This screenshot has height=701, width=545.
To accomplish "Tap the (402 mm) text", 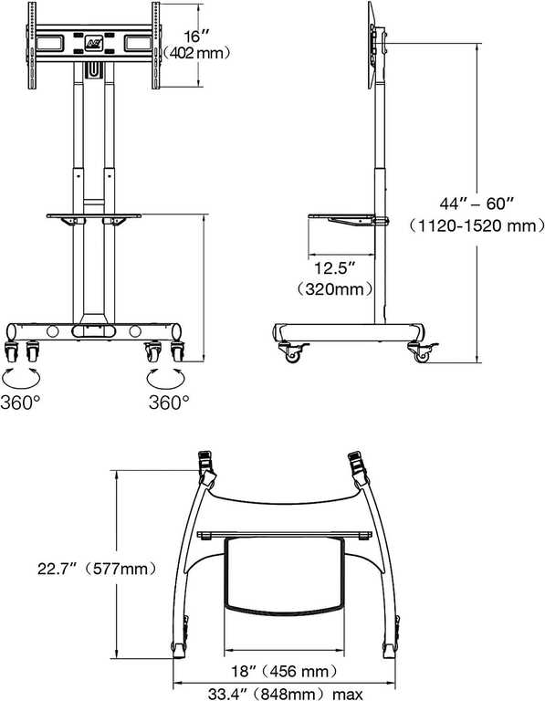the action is pyautogui.click(x=196, y=54).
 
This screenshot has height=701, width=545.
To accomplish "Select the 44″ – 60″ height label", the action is pyautogui.click(x=476, y=204).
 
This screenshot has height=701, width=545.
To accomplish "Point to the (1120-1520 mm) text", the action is pyautogui.click(x=477, y=225).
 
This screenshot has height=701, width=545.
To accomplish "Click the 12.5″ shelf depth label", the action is pyautogui.click(x=334, y=268).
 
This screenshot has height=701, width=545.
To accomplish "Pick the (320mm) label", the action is pyautogui.click(x=335, y=289).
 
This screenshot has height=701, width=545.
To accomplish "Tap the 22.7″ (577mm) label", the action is pyautogui.click(x=98, y=570).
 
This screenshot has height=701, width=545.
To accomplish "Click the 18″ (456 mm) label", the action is pyautogui.click(x=284, y=671).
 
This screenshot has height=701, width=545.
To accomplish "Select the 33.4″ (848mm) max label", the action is pyautogui.click(x=285, y=694).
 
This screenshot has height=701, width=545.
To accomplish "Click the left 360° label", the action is pyautogui.click(x=21, y=403).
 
